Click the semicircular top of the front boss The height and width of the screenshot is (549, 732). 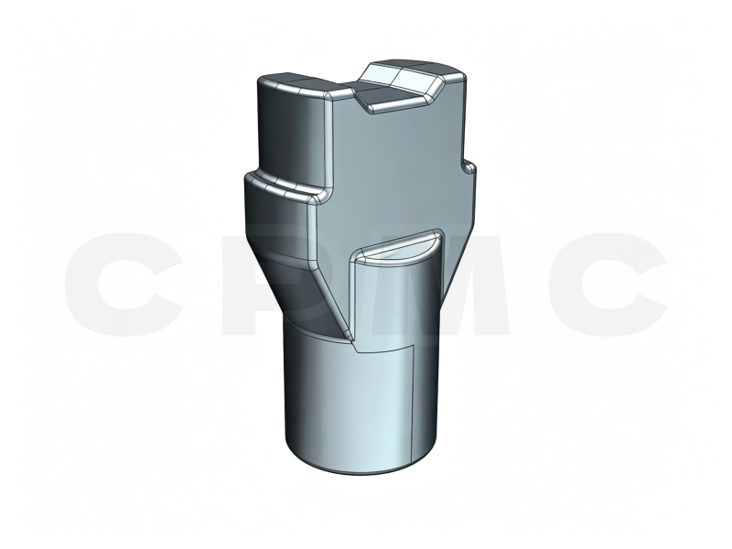[x=396, y=246]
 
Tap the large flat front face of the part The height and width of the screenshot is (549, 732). [x=393, y=173]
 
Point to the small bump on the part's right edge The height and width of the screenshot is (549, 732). [x=469, y=168]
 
